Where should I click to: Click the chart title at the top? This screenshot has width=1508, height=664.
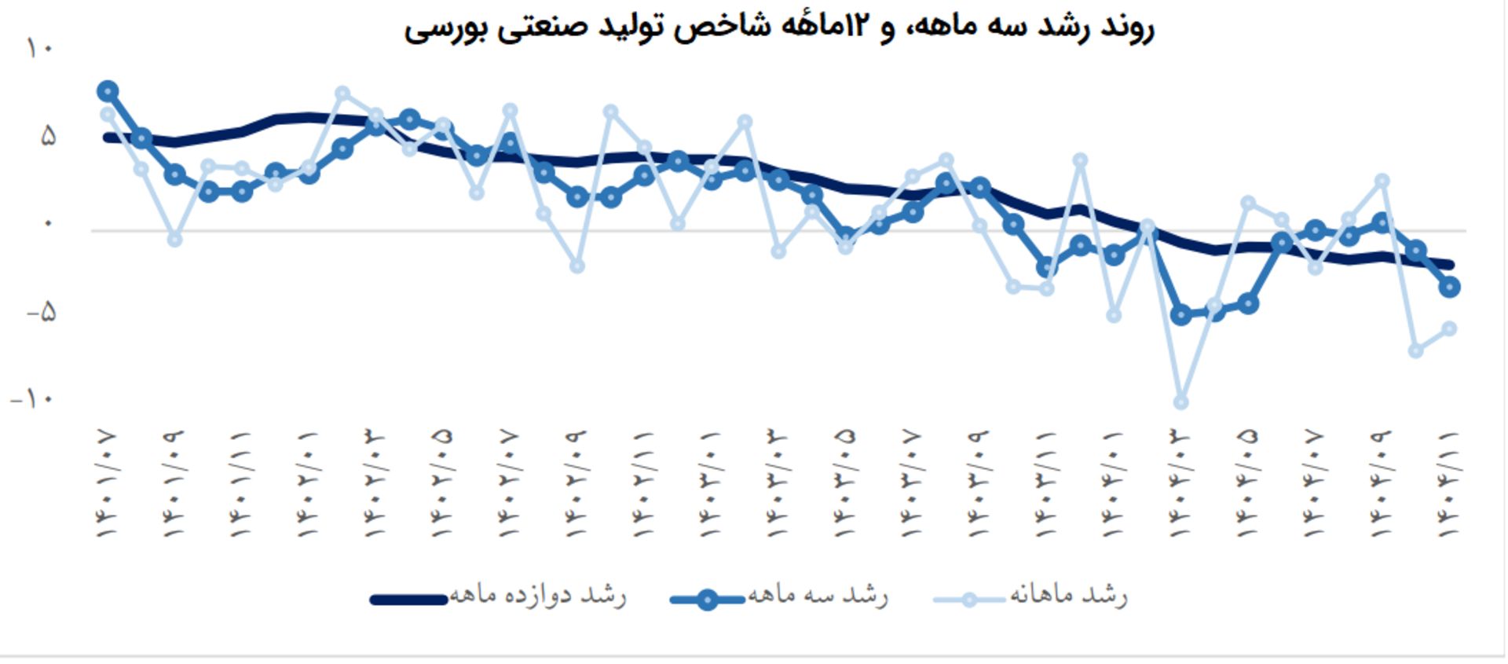tap(778, 27)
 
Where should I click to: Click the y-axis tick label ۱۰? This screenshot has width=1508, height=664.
tap(40, 49)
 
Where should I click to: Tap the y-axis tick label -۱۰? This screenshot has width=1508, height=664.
tap(32, 399)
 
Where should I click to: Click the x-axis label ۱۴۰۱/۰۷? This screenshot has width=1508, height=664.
tap(107, 483)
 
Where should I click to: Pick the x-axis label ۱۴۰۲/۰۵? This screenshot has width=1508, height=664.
tap(442, 483)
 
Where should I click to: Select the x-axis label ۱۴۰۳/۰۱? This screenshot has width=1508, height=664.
tap(711, 483)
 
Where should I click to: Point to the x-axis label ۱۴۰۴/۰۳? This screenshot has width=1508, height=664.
tap(1180, 483)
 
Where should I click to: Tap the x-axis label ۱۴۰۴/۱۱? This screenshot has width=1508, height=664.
tap(1449, 483)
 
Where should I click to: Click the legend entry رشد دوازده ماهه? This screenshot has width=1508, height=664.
tap(537, 596)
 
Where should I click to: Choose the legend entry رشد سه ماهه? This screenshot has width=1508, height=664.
tap(817, 596)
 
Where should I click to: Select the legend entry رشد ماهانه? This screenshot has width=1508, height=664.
tap(1067, 596)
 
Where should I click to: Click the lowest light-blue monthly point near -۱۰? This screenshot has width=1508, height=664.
tap(1180, 402)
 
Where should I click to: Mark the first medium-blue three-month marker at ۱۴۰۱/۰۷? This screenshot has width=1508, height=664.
tap(108, 92)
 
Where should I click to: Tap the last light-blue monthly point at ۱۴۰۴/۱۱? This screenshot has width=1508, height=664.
tap(1449, 328)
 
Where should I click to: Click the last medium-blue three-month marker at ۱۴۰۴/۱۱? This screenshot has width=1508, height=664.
tap(1449, 287)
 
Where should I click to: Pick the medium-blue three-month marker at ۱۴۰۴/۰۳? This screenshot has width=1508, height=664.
tap(1180, 315)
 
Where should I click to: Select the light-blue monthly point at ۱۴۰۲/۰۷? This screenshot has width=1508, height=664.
tap(510, 111)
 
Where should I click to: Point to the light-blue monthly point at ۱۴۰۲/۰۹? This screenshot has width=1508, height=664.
tap(577, 266)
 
